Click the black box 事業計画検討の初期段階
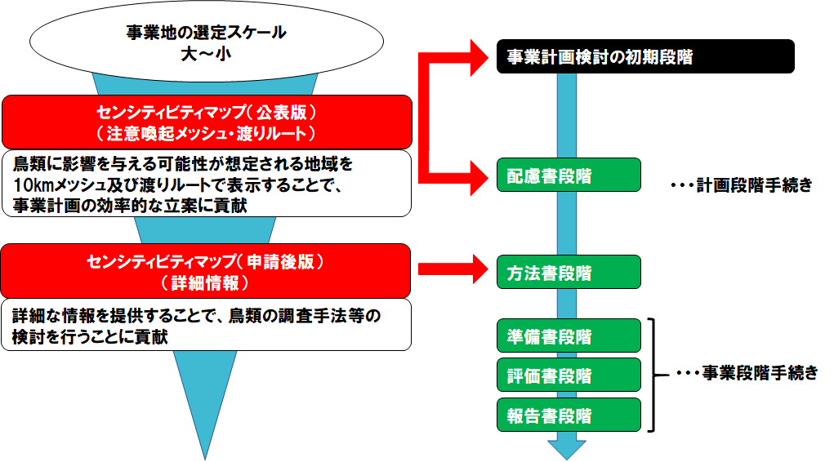(645, 56)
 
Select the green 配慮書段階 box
(569, 175)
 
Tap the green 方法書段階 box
(569, 272)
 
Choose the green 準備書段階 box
(569, 336)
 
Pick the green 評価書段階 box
(569, 375)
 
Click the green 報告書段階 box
(569, 415)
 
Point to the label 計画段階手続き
(754, 185)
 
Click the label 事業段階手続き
(760, 373)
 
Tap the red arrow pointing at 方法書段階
(453, 269)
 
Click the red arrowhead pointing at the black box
(479, 57)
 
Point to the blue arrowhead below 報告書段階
(567, 449)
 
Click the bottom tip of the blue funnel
(205, 460)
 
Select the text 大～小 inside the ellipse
(207, 54)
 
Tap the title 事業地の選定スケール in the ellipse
(207, 33)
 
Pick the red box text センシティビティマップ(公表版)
(207, 112)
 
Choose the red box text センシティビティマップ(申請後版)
(205, 261)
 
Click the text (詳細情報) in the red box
(205, 283)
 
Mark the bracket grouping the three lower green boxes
(653, 375)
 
